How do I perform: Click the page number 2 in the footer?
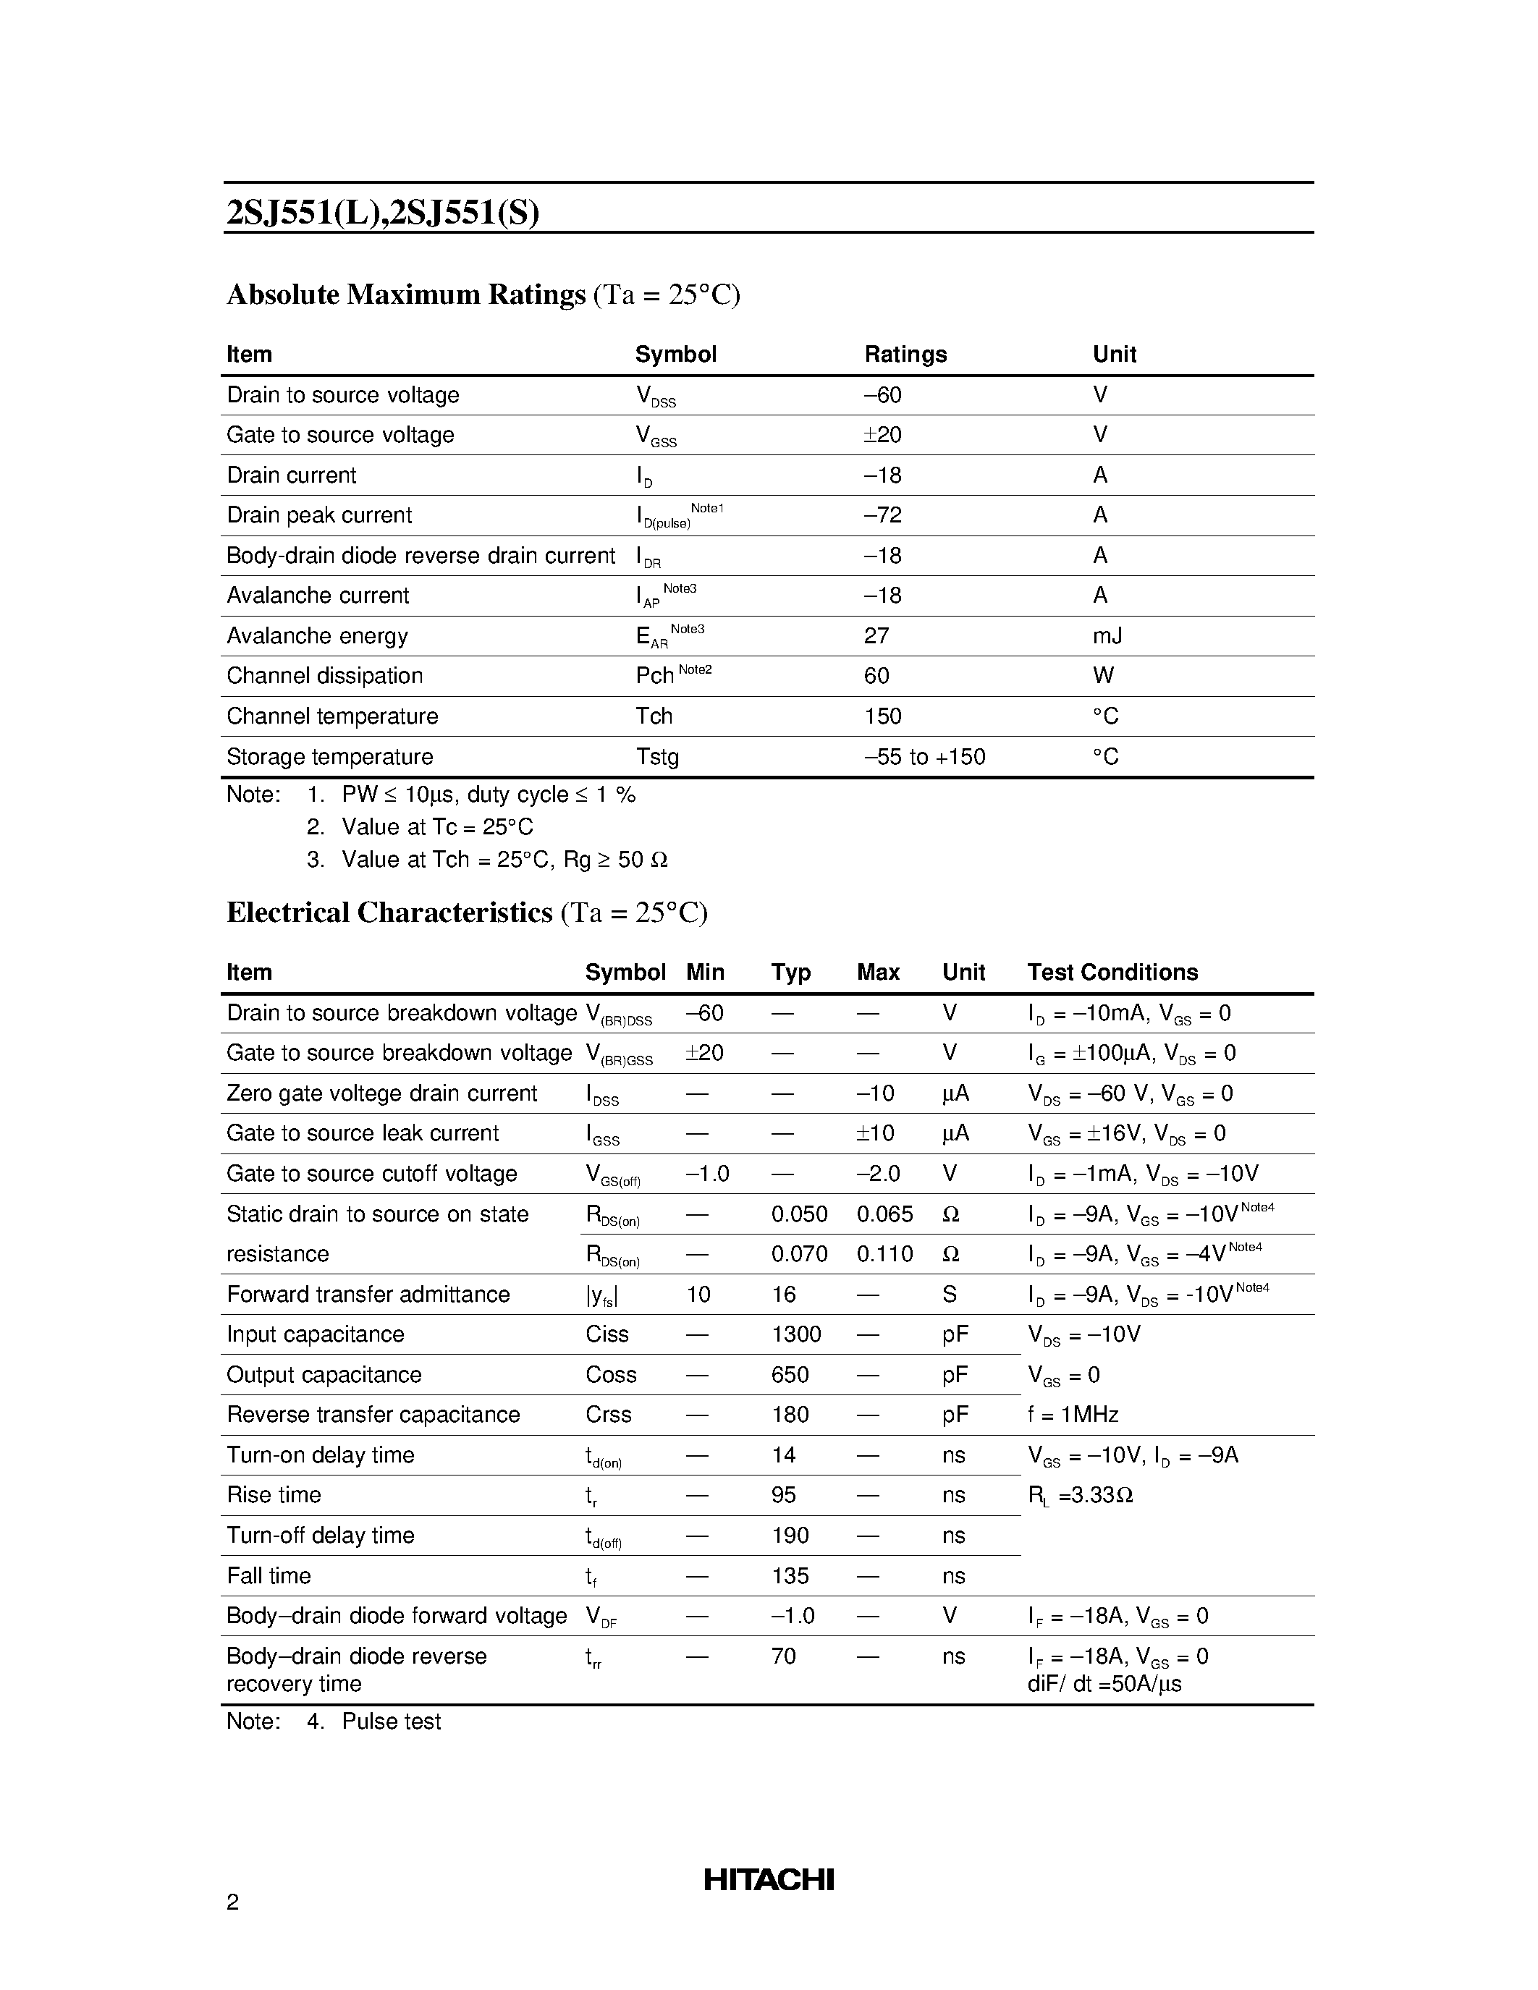coord(232,1902)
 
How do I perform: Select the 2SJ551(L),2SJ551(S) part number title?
coord(383,212)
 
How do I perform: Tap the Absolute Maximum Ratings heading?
coord(405,295)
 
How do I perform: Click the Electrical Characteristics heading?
coord(389,913)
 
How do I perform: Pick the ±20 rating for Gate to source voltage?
coord(882,436)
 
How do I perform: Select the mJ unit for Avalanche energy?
coord(1107,636)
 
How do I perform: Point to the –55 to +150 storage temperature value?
coord(924,757)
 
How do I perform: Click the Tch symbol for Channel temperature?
coord(654,716)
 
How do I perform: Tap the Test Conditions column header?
coord(1112,973)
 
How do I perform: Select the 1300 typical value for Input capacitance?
coord(795,1335)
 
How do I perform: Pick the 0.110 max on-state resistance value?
coord(884,1255)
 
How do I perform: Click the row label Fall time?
coord(269,1575)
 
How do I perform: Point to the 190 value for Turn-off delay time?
coord(789,1536)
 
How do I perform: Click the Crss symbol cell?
coord(608,1415)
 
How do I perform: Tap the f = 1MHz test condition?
coord(1073,1415)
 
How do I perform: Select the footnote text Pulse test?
coord(391,1722)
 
